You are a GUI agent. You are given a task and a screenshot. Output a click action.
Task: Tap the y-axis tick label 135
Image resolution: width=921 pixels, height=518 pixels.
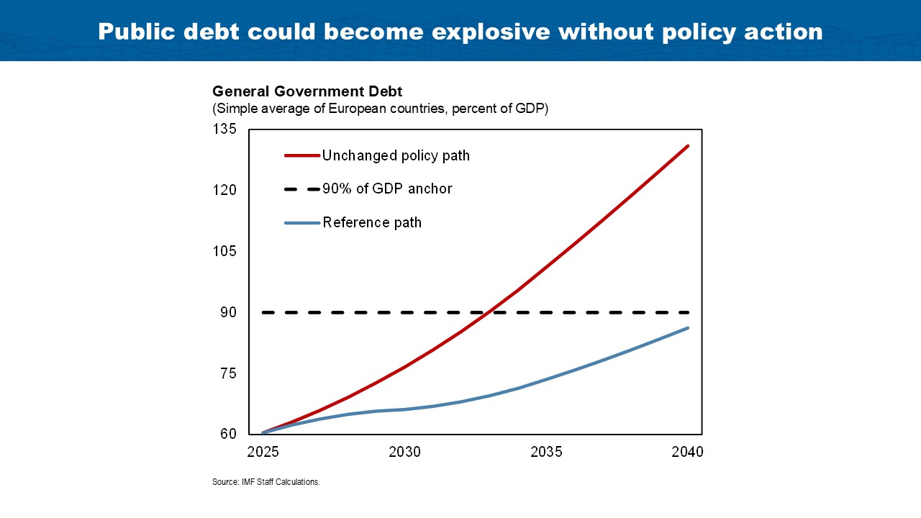coord(224,129)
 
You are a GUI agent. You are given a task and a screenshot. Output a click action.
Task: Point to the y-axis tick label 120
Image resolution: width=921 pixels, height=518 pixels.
coord(224,191)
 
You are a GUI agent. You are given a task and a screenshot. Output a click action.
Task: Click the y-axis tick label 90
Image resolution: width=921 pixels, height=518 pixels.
coord(228,312)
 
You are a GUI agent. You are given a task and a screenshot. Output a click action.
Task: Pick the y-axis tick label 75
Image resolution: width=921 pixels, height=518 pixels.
coord(228,373)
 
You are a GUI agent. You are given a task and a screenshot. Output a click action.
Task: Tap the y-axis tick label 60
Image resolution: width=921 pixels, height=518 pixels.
coord(228,434)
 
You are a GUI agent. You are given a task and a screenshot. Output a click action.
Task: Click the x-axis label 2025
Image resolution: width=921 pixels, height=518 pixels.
coord(263,453)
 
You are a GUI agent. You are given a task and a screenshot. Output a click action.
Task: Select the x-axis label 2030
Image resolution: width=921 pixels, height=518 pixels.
coord(404,453)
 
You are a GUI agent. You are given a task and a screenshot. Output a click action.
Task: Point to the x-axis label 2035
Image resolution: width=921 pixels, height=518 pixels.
coord(546,453)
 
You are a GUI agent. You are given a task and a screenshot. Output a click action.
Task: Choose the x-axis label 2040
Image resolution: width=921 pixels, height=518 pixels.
coord(688,453)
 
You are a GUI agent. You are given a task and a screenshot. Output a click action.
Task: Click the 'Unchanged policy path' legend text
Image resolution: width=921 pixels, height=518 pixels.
coord(396,155)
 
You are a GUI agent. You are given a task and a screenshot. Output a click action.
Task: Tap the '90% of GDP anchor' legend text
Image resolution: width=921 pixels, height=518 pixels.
coord(387,189)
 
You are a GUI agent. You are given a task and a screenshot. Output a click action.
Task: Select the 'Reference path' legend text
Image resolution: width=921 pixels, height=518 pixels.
coord(372,222)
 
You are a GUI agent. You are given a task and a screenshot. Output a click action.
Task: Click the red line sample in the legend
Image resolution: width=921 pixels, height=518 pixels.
coord(302,155)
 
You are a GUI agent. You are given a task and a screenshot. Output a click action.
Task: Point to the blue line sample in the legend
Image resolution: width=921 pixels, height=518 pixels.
coord(302,222)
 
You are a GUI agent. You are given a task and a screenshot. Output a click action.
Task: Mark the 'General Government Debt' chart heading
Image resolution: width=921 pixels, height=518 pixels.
coord(307,91)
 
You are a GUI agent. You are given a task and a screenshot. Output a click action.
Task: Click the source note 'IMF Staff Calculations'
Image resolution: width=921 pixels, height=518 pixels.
coord(266,482)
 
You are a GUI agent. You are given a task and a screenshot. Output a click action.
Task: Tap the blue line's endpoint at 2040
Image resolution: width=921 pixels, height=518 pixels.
coord(688,328)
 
